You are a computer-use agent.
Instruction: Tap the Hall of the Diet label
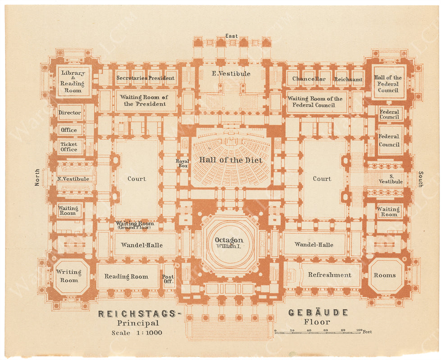231,160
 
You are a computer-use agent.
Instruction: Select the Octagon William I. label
229,243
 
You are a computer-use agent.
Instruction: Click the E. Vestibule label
231,73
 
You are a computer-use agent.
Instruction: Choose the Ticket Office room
69,147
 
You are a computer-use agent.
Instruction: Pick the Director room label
70,112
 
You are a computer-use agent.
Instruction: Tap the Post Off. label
168,279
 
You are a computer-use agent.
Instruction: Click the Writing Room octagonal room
69,276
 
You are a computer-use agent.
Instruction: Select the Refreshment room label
329,275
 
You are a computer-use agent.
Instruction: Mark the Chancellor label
309,79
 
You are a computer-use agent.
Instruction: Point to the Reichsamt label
348,79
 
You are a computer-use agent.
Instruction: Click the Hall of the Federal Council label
388,84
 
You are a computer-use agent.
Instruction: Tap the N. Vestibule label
73,179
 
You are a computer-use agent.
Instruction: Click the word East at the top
232,36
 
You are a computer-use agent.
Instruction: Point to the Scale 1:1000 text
137,333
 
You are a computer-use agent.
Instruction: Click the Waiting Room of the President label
146,100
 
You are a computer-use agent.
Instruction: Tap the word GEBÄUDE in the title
318,312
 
